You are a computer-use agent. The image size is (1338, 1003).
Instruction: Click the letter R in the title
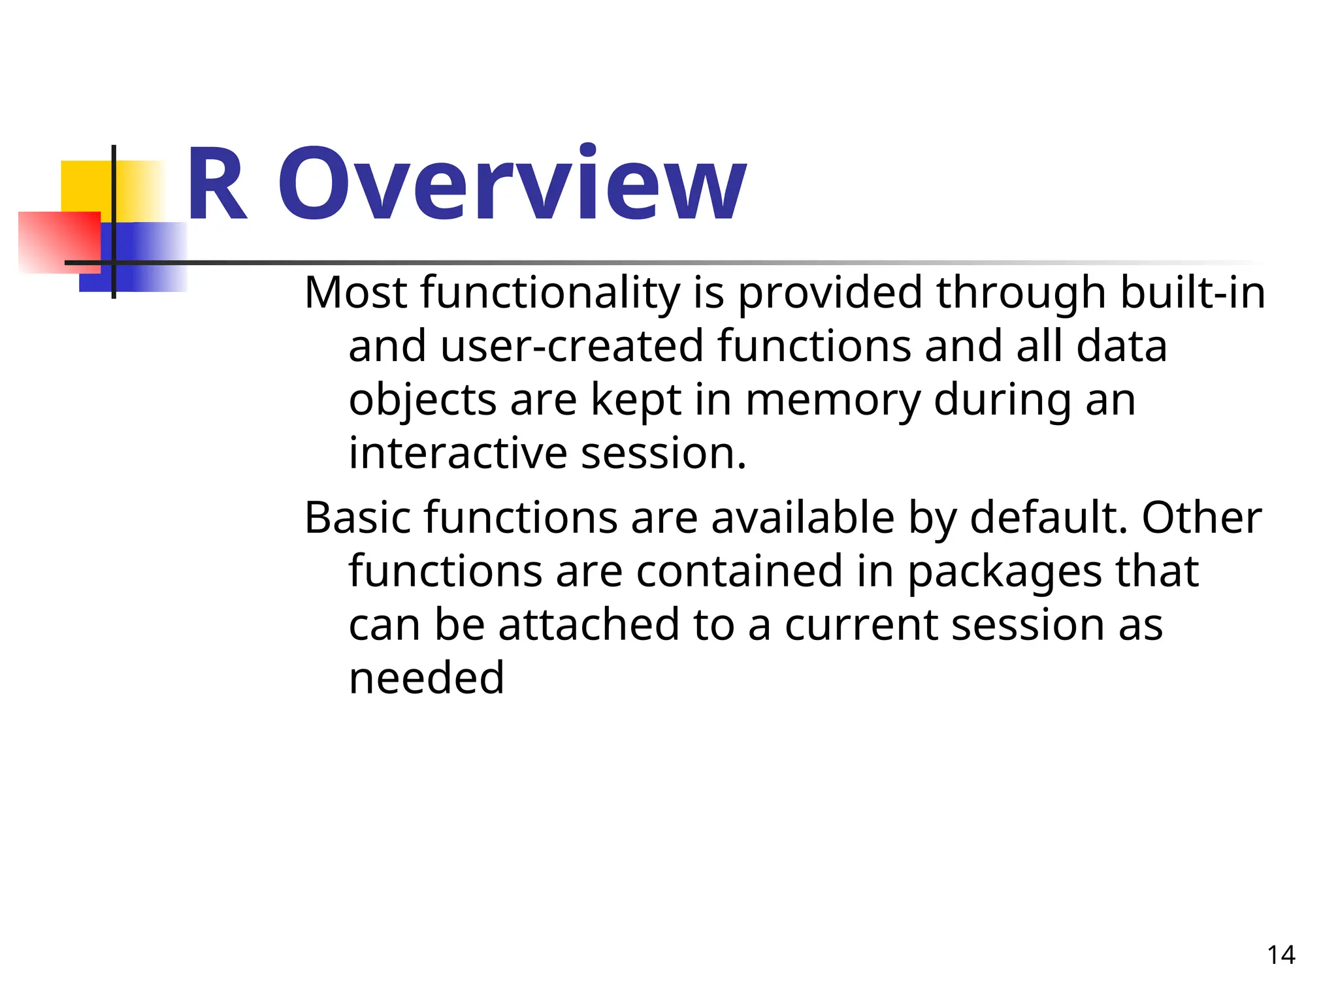click(217, 185)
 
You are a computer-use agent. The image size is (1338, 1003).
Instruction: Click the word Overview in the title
click(512, 185)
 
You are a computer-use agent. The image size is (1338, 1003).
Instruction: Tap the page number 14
click(1281, 955)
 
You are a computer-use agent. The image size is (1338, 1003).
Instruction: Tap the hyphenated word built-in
click(1192, 293)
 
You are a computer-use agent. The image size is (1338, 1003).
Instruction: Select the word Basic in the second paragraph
click(358, 518)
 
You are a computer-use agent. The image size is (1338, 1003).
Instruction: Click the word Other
click(1201, 518)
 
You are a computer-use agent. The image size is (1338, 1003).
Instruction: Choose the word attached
click(589, 625)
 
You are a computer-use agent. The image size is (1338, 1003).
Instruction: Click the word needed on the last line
click(427, 678)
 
